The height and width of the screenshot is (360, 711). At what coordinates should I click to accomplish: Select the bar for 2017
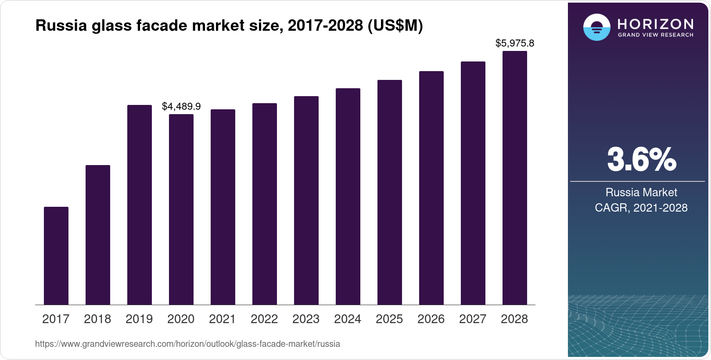56,256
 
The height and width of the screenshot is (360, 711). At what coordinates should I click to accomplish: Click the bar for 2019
140,205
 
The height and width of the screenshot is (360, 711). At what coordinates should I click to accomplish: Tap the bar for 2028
514,178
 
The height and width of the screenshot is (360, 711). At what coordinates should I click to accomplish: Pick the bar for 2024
348,196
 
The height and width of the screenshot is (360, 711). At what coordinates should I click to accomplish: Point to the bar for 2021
223,207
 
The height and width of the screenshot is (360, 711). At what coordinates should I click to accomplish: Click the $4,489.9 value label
181,106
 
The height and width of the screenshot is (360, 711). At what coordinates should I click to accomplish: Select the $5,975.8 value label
514,43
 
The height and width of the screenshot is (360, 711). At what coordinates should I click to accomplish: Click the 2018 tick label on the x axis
97,319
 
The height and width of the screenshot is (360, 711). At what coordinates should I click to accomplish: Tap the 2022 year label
264,319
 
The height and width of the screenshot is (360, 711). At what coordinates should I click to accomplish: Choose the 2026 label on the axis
431,319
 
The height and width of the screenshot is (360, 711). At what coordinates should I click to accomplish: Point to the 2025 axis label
389,319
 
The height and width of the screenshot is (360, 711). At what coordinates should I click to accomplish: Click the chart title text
229,26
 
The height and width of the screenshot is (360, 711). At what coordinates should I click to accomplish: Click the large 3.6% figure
641,159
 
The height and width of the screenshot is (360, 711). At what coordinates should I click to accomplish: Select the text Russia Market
641,192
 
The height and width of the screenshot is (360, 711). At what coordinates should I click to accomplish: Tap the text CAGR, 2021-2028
641,208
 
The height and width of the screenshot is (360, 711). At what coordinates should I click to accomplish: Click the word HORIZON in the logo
656,24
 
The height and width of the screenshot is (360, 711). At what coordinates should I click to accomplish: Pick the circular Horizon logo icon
596,27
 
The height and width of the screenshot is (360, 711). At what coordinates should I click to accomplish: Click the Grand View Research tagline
656,35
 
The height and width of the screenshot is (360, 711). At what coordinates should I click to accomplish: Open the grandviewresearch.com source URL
187,344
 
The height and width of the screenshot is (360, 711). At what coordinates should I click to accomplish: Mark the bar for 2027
473,183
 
